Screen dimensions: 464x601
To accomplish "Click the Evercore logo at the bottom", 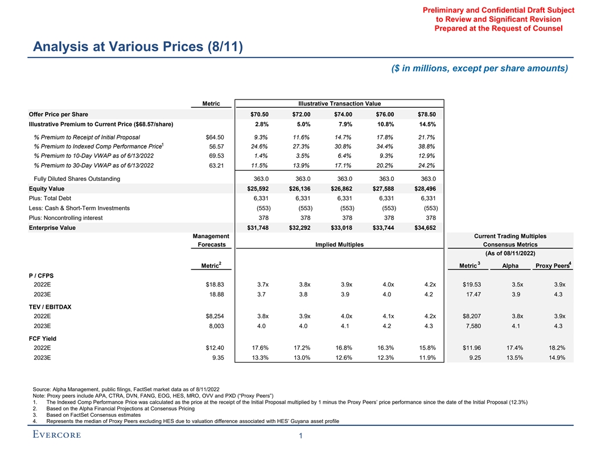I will coord(57,435).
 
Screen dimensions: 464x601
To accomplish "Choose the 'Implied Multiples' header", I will coord(339,245).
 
